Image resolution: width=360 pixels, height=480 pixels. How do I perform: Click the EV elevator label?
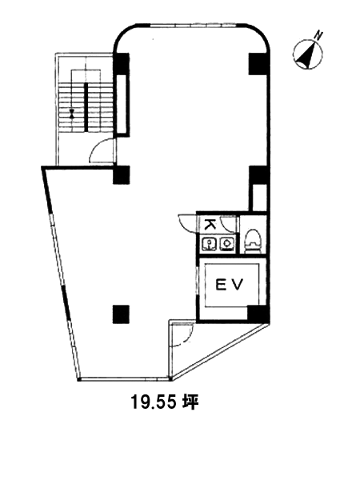(x=230, y=286)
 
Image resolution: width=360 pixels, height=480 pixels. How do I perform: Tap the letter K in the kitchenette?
(x=210, y=225)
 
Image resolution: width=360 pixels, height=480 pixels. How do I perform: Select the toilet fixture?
(x=253, y=241)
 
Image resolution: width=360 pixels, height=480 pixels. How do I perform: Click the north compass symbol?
(x=308, y=52)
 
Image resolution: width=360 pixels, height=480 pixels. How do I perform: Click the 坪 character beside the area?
(x=191, y=402)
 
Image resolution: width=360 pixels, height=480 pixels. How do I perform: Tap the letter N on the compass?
(x=319, y=35)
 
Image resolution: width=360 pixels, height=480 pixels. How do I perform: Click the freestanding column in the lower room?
(x=121, y=314)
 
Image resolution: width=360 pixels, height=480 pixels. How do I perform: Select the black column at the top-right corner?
(x=258, y=64)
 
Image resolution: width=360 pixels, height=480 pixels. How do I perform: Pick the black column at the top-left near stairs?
(x=122, y=64)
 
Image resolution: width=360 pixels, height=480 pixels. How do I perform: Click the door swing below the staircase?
(x=102, y=150)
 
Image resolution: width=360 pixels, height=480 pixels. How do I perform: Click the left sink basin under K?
(x=209, y=244)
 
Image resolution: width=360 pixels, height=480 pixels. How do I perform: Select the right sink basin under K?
(x=227, y=243)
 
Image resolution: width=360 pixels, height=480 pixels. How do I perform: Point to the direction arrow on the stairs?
(x=72, y=114)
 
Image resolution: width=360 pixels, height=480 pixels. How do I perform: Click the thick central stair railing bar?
(x=86, y=107)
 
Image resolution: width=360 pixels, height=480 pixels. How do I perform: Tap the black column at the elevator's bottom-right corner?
(x=258, y=313)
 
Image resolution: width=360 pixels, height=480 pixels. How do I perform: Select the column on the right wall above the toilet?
(x=258, y=175)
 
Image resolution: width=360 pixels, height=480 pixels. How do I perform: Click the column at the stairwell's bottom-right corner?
(x=122, y=174)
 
